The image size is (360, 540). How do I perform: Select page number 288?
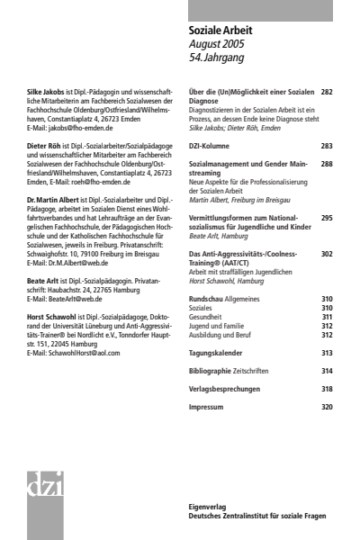click(326, 165)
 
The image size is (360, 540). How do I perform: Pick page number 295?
click(326, 217)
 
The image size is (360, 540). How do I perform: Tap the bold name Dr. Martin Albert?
click(53, 197)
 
